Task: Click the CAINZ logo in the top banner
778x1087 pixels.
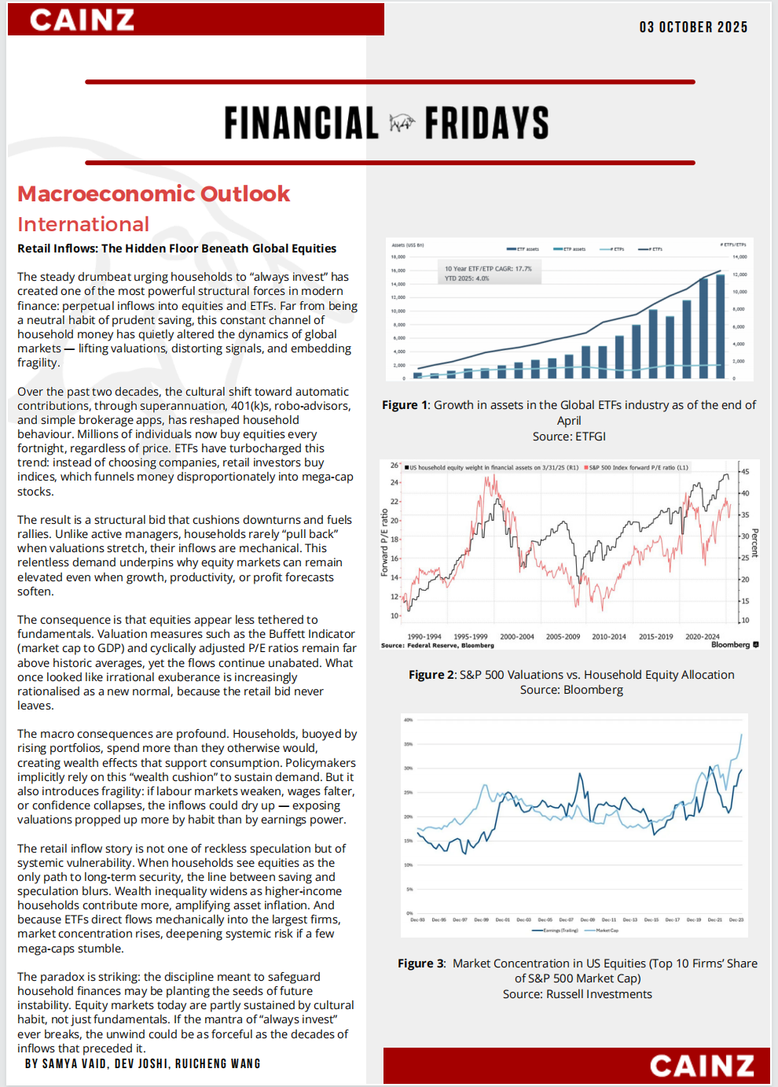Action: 82,20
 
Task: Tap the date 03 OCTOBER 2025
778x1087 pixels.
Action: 693,28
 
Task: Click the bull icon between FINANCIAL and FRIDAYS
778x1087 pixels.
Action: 402,123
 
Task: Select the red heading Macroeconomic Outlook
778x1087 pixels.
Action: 154,193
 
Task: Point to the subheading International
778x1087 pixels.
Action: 83,224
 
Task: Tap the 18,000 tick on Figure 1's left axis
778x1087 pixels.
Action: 398,256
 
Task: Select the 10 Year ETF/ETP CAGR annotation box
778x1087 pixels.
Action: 488,273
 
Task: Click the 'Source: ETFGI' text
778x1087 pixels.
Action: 569,437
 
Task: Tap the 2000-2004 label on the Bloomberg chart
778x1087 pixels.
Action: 517,637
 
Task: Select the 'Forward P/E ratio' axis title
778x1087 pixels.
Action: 385,543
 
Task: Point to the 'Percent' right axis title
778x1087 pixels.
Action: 754,543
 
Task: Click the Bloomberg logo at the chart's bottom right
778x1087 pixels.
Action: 734,645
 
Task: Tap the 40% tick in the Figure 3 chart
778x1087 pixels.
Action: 409,720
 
